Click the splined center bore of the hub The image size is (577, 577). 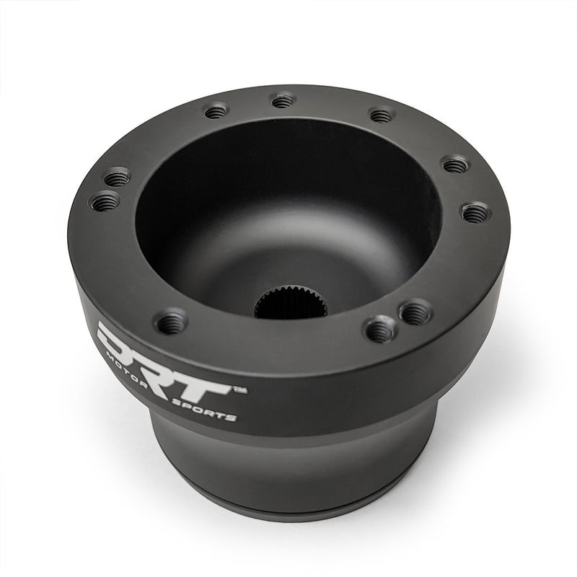291,307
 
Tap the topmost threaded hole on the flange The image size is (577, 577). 283,100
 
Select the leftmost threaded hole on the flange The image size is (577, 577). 106,201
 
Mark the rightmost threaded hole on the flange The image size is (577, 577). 475,213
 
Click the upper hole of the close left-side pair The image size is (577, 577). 117,176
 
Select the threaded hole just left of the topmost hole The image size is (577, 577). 216,111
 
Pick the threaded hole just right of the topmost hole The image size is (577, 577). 380,115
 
